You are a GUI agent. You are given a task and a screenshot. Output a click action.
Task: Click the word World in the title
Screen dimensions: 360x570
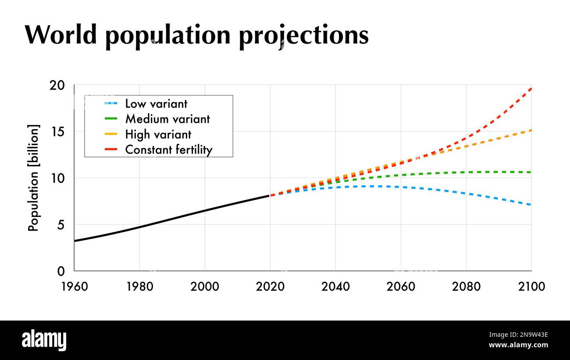click(61, 35)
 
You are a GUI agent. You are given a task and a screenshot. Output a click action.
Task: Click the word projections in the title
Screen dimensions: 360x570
click(303, 36)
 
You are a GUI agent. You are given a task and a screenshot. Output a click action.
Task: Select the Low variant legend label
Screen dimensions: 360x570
click(156, 104)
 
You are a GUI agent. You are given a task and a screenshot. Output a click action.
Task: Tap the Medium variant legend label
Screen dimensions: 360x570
click(167, 119)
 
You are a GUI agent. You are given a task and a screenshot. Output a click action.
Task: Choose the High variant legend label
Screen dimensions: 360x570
click(158, 134)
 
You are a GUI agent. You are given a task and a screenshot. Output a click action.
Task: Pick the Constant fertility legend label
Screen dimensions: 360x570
click(169, 150)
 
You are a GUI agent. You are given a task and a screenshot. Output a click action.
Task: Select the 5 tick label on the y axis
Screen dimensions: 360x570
click(62, 225)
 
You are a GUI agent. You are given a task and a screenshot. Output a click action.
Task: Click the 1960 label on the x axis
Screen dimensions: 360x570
click(75, 287)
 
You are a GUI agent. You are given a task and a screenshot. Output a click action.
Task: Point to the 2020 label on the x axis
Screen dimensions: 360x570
click(270, 287)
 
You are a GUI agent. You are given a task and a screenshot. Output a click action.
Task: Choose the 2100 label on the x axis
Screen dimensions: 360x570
click(531, 287)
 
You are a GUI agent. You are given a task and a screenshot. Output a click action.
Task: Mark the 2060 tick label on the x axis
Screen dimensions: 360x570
click(401, 287)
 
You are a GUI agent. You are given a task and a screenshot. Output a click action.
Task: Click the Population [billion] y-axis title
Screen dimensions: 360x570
click(34, 178)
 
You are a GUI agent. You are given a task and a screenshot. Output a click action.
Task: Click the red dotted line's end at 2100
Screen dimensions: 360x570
click(531, 89)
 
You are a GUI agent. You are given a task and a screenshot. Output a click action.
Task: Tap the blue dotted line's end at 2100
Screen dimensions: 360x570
click(530, 205)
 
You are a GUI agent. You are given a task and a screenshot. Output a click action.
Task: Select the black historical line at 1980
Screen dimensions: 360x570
click(139, 227)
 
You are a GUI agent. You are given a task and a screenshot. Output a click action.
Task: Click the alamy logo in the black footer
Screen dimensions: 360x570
click(44, 341)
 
